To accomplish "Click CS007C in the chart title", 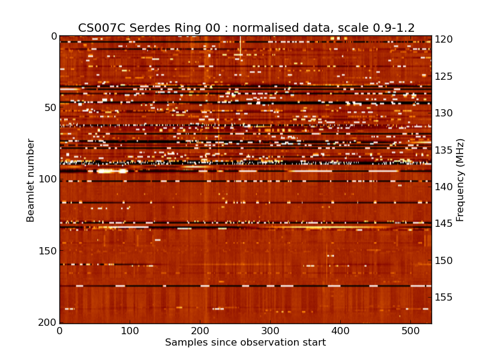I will click(x=98, y=28).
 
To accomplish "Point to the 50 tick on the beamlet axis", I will click(x=50, y=108).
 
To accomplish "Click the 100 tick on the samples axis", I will click(x=130, y=331).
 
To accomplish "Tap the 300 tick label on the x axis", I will click(x=270, y=331).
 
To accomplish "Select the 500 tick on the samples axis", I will click(x=410, y=331).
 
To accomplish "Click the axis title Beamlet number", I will click(x=31, y=180).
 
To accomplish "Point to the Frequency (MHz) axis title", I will click(x=460, y=180).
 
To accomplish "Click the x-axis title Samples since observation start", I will click(x=245, y=343).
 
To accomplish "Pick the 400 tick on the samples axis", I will click(x=340, y=331).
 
